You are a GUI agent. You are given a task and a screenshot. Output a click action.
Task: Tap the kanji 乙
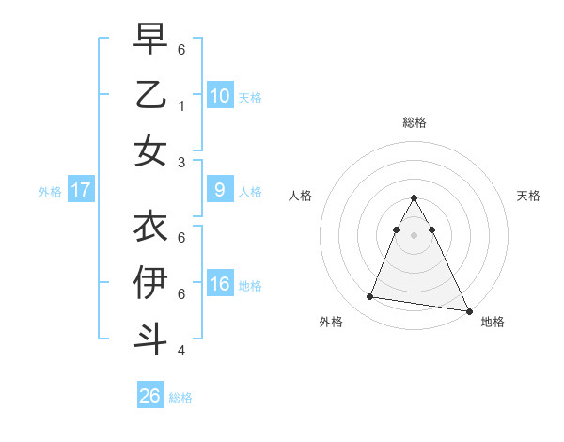coord(150,95)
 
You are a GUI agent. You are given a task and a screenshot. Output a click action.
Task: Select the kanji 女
coord(150,150)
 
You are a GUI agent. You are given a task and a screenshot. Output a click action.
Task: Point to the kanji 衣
coord(150,226)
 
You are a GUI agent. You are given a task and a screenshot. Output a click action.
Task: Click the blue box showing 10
coord(219,95)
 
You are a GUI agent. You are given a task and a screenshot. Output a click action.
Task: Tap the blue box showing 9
coord(219,190)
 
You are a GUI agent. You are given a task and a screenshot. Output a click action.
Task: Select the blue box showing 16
coord(219,284)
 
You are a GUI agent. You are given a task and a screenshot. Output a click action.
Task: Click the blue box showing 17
coord(81,190)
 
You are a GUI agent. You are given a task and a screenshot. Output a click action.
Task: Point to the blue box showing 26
coord(150,396)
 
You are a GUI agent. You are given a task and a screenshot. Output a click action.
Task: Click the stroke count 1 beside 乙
coord(180,105)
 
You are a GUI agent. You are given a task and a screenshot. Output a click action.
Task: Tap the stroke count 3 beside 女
coord(180,162)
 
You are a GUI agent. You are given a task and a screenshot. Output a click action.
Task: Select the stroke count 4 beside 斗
coord(180,351)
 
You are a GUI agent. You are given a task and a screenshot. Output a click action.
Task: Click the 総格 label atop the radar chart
coord(415,122)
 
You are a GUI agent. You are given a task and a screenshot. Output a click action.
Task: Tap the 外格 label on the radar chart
coord(331,323)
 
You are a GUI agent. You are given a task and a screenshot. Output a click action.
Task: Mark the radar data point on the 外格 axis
coord(370,297)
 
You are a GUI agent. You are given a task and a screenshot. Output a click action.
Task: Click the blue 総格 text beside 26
coord(180,398)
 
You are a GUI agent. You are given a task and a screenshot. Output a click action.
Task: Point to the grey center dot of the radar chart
coord(415,234)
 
